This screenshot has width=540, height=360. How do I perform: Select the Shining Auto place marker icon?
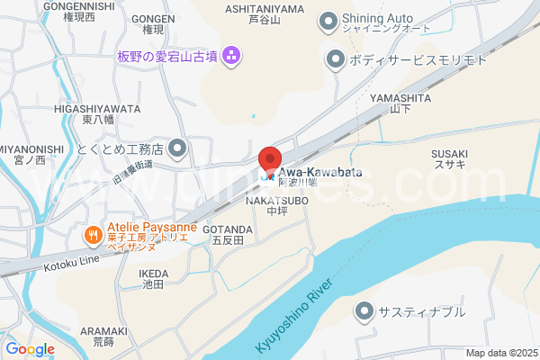tap(328, 19)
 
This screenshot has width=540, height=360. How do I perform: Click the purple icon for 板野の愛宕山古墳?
tap(231, 57)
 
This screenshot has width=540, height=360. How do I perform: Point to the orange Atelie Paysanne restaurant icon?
tap(94, 236)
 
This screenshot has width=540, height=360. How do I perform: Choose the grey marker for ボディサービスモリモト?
tap(335, 60)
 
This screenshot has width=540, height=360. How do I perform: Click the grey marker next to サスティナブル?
tap(364, 312)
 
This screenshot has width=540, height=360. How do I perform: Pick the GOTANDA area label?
tap(232, 229)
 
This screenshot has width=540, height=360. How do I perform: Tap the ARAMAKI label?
tap(97, 331)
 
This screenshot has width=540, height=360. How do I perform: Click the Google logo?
tap(30, 349)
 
